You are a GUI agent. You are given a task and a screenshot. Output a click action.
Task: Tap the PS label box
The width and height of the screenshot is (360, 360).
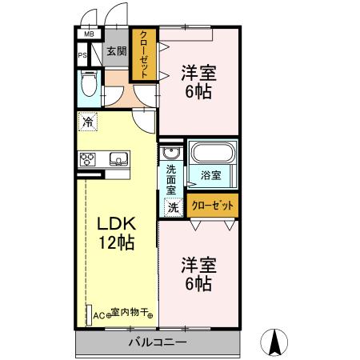point(82,55)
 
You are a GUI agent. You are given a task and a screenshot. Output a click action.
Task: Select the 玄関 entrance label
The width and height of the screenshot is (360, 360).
point(116,51)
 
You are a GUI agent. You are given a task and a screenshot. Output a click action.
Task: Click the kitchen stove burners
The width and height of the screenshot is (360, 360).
point(87,158)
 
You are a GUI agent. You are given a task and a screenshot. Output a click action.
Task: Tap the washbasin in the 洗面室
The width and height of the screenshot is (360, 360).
point(170,154)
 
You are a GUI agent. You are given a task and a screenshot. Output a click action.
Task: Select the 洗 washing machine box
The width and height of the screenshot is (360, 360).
point(172,206)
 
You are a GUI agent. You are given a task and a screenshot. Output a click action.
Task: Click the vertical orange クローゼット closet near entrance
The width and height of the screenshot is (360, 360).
point(144,53)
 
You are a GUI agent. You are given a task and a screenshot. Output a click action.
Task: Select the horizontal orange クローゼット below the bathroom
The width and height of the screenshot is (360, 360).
point(213,205)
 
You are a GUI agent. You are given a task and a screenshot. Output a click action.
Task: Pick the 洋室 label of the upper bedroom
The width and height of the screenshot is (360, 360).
point(197,72)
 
